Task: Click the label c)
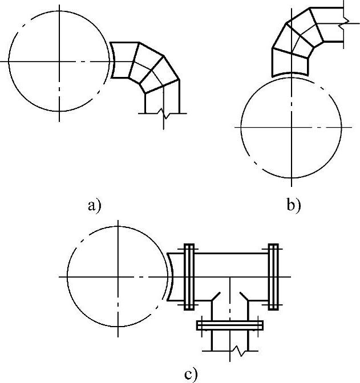coord(191,374)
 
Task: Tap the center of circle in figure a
coord(59,60)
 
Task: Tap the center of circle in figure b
coord(291,125)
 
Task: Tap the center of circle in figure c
coord(118,276)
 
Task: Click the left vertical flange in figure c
coord(189,277)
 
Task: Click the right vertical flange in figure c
coord(274,277)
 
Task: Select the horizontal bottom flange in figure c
coord(230,325)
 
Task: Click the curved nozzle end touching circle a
coord(112,60)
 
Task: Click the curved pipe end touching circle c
coord(171,277)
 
